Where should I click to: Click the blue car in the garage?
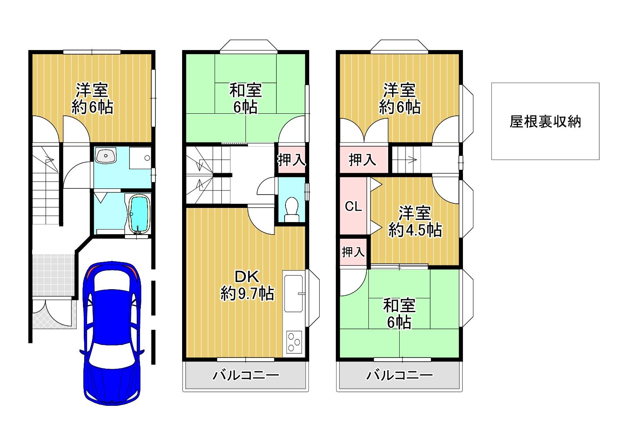[112, 333]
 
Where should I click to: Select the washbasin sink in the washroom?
[105, 155]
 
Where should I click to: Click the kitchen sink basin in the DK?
[293, 293]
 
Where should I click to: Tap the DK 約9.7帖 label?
[247, 285]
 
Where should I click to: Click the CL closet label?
[353, 207]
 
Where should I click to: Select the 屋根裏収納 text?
[545, 122]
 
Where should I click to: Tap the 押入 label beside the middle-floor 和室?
[291, 160]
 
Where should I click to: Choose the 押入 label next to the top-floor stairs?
[362, 160]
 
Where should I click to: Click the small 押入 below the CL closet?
[353, 252]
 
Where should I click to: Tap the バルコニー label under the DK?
[245, 375]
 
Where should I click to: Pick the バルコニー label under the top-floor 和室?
[400, 375]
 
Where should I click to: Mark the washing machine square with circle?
[140, 158]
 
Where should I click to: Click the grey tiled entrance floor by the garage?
[53, 275]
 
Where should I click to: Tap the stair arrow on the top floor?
[412, 160]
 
